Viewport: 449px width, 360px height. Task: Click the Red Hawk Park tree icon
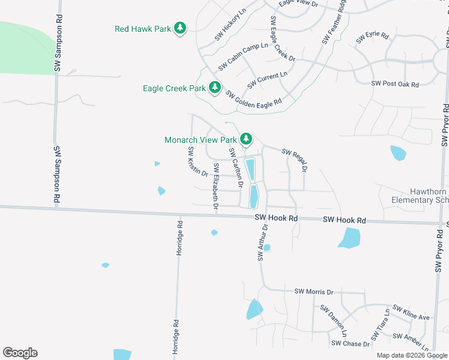point(179,28)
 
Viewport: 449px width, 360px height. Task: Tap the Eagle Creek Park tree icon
point(214,88)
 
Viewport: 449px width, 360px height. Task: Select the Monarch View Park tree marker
point(246,140)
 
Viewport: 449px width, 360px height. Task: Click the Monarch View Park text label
point(200,140)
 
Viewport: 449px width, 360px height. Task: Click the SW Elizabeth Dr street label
point(215,186)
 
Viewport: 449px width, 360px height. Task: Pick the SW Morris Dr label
point(313,292)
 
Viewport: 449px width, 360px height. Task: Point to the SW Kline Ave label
point(411,312)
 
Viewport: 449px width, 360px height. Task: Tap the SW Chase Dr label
point(351,344)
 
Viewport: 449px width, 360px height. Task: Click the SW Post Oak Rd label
point(394,84)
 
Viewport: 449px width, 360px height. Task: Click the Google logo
point(20,353)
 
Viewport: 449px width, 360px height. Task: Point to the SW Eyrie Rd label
point(372,37)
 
